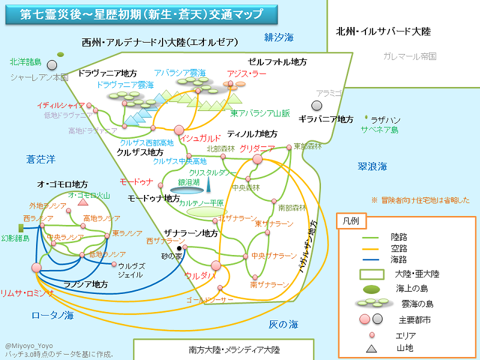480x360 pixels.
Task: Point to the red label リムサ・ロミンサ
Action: pos(27,293)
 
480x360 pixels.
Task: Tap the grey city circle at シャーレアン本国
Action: pos(52,65)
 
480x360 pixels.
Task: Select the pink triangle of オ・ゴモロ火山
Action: pos(83,202)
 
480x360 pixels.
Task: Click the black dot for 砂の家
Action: pos(179,248)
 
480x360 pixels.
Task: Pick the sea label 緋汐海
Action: pos(279,38)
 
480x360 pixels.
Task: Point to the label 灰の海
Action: pos(283,325)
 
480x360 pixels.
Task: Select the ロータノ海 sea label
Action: pos(52,315)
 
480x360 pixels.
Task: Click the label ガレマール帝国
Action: pos(410,56)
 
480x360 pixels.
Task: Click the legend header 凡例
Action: pos(351,220)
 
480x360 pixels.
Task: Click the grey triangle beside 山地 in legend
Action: pos(372,348)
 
